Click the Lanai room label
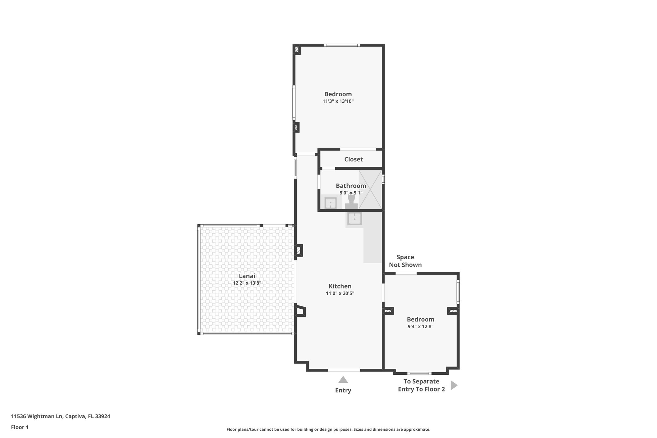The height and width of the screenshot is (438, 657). click(x=247, y=276)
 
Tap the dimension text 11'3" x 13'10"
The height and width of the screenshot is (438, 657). click(x=338, y=101)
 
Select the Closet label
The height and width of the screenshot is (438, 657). click(x=353, y=159)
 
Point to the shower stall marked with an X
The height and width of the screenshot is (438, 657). click(x=371, y=189)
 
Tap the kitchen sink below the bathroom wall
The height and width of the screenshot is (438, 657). click(x=354, y=219)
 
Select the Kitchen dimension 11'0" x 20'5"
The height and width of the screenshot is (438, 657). click(x=340, y=293)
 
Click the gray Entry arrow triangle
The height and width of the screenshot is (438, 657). click(x=343, y=380)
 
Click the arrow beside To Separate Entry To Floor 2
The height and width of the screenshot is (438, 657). click(x=453, y=385)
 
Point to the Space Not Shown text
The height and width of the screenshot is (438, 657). click(x=405, y=261)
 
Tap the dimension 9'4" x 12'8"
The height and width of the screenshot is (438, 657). click(x=420, y=327)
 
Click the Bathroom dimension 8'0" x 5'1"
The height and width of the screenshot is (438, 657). click(x=351, y=193)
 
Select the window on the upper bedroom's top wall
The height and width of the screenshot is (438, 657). click(x=342, y=45)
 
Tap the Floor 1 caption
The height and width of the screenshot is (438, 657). click(x=20, y=427)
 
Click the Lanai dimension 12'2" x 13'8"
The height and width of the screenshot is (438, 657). click(x=247, y=283)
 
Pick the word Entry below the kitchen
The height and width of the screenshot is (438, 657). click(x=343, y=391)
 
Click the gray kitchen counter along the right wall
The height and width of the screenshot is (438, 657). click(x=373, y=244)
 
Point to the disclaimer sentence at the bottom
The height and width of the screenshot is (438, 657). click(x=328, y=429)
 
